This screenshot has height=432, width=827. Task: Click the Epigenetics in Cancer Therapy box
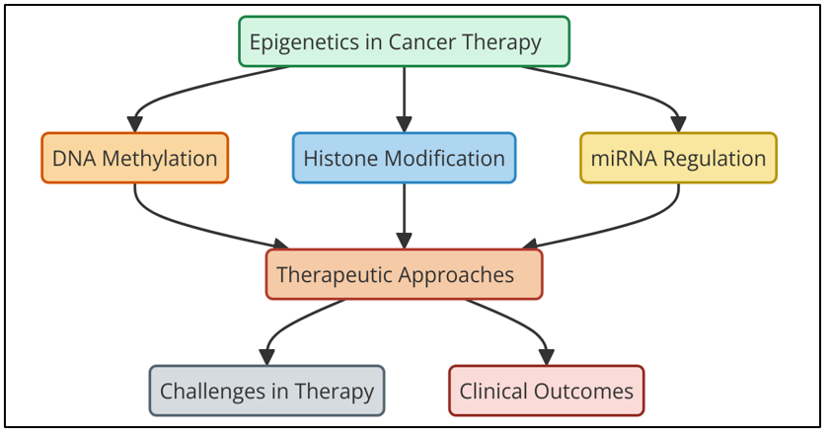click(404, 41)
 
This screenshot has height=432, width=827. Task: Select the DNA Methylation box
click(135, 158)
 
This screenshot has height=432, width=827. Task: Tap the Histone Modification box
click(404, 158)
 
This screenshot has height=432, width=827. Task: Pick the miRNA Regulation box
click(678, 158)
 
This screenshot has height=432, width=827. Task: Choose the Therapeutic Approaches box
click(404, 274)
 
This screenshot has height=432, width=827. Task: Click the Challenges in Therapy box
click(266, 391)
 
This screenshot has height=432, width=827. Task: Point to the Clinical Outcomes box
click(547, 391)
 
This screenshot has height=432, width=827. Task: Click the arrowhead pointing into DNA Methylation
click(135, 124)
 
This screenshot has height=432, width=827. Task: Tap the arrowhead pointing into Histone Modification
click(404, 124)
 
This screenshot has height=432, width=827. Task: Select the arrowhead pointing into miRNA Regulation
click(678, 124)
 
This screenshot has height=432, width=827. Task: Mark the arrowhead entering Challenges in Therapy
click(266, 357)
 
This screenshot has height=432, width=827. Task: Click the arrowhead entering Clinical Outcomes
click(547, 357)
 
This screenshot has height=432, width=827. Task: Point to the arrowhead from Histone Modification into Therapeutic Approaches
click(404, 241)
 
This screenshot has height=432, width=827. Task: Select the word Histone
click(340, 158)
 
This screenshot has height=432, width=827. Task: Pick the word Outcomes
click(583, 391)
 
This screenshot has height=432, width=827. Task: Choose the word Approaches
click(456, 275)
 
